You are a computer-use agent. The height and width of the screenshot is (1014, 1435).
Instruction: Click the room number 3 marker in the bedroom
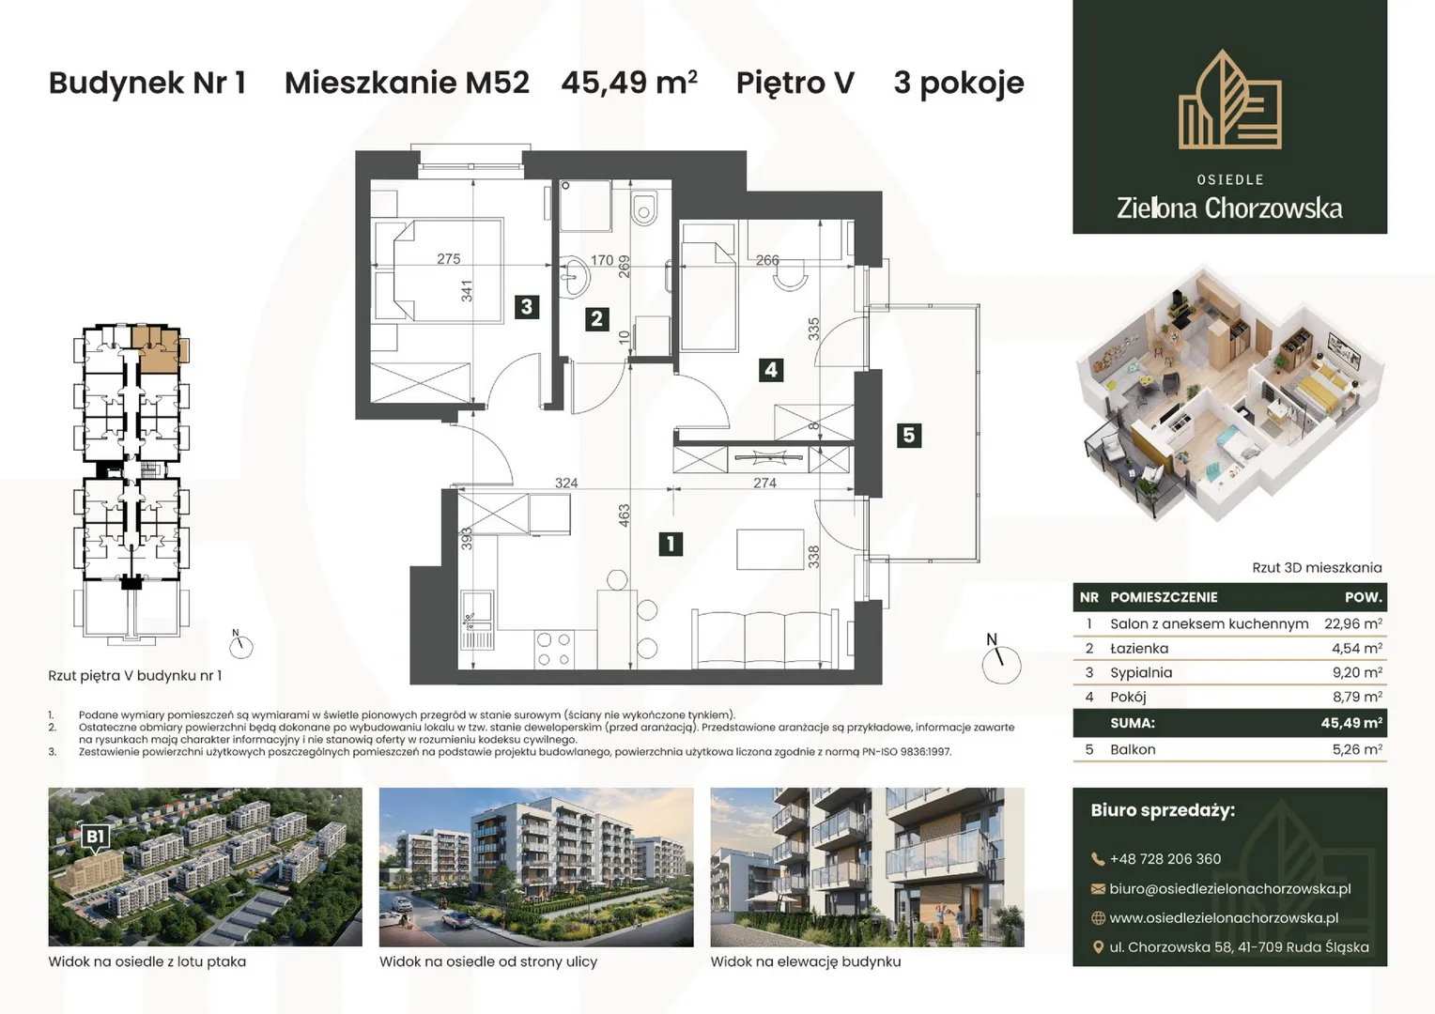click(527, 307)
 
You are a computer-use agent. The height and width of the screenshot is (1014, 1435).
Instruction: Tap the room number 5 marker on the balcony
click(908, 436)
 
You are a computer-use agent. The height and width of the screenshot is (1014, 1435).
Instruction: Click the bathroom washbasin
click(576, 277)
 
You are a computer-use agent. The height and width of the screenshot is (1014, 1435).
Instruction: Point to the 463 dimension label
click(624, 516)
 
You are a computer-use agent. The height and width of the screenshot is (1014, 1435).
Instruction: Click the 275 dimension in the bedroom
click(449, 259)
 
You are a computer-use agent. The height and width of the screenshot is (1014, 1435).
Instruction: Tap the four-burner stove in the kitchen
click(554, 649)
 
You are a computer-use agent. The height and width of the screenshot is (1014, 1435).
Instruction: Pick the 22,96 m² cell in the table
click(1353, 623)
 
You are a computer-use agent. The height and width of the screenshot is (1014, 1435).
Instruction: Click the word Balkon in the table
click(1133, 749)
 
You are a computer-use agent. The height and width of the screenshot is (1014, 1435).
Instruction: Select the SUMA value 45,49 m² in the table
click(1351, 723)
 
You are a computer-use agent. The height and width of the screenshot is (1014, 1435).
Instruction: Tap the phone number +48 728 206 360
click(1165, 859)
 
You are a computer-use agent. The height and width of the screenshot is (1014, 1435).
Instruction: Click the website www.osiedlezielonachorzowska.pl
click(1224, 918)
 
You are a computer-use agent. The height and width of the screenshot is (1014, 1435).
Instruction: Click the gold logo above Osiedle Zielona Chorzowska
click(1229, 100)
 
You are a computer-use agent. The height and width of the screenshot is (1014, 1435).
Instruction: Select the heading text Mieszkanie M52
click(407, 83)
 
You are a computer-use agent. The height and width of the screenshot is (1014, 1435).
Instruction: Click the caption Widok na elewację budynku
click(805, 961)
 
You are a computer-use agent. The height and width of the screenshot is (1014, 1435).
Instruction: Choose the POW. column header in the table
click(1364, 597)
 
